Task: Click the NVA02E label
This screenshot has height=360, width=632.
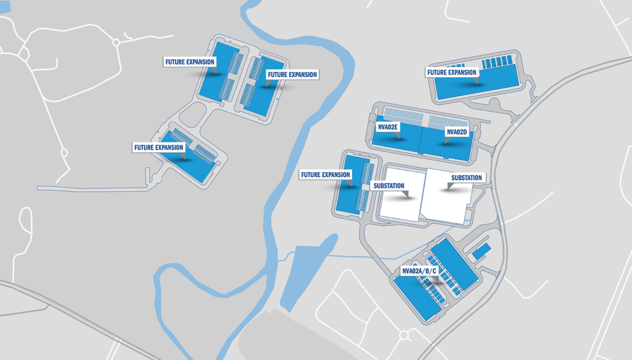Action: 388,127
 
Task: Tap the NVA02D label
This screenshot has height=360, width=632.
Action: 456,132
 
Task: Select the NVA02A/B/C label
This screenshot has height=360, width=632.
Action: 420,271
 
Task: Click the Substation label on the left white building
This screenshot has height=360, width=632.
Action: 389,186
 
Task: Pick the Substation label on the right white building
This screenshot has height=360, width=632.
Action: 466,177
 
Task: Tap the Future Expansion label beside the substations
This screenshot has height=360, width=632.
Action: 325,174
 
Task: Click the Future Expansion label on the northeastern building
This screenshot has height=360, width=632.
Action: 452,72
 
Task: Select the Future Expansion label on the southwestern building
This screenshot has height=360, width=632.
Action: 158,148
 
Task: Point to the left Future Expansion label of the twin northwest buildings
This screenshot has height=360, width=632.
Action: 190,62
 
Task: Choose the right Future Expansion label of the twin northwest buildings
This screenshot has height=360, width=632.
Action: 292,74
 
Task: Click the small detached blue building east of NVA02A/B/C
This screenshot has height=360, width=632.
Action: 481,251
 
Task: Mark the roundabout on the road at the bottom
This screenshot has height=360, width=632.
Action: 404,336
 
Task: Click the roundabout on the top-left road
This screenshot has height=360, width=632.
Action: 116,42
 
